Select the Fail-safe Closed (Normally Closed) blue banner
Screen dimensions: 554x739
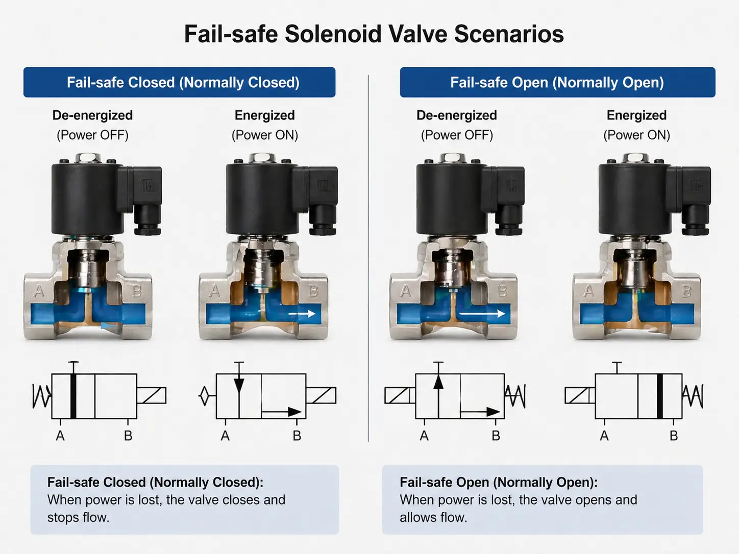(x=180, y=83)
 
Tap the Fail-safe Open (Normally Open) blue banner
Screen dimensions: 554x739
(x=557, y=83)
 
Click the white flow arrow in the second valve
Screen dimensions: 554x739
(x=302, y=314)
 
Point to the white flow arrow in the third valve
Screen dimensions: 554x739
(x=482, y=314)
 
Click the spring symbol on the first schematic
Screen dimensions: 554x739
(x=42, y=396)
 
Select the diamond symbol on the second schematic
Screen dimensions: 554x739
(x=205, y=396)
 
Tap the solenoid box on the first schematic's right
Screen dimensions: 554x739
(x=152, y=396)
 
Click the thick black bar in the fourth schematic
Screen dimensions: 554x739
(x=660, y=396)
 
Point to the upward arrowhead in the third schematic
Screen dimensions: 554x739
(x=438, y=382)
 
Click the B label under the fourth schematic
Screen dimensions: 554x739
(x=674, y=436)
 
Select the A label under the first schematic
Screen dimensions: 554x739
(x=60, y=436)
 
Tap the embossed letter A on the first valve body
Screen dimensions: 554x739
(x=39, y=292)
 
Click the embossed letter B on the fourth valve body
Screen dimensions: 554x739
(x=687, y=292)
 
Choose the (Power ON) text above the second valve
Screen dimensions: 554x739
(x=265, y=135)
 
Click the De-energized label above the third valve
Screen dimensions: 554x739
(x=457, y=115)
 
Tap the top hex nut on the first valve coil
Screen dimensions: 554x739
(x=82, y=158)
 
